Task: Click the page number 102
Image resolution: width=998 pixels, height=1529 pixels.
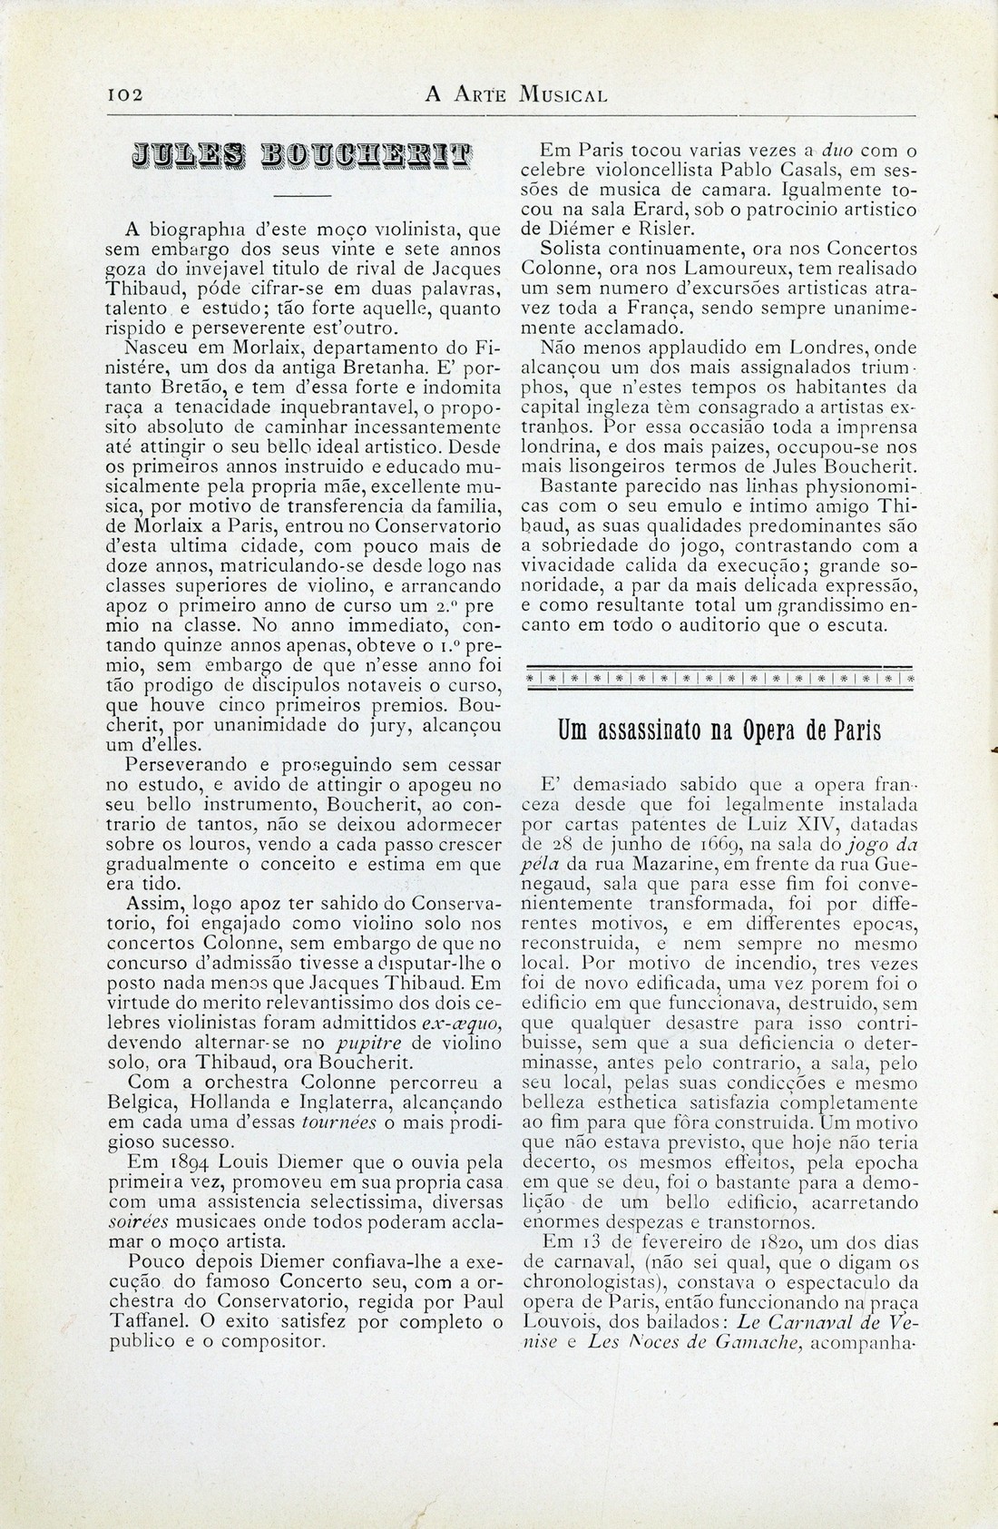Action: click(120, 94)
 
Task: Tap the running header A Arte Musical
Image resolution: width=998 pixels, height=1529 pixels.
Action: click(516, 94)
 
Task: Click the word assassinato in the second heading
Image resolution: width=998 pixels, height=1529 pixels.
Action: click(637, 730)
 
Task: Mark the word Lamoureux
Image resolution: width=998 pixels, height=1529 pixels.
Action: click(738, 269)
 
